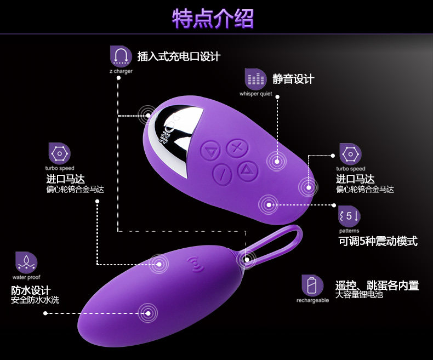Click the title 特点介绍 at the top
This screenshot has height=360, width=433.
pyautogui.click(x=213, y=19)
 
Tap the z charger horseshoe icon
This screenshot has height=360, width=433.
pyautogui.click(x=121, y=56)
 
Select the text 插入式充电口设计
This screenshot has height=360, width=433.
pyautogui.click(x=179, y=56)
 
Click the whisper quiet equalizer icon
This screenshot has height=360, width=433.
pyautogui.click(x=255, y=79)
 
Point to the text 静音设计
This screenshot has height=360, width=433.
pyautogui.click(x=293, y=79)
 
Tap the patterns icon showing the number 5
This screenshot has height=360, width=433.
pyautogui.click(x=350, y=215)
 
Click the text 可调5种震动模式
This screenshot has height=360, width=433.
pyautogui.click(x=378, y=241)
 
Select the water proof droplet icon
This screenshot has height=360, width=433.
pyautogui.click(x=26, y=263)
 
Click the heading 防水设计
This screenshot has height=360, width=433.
pyautogui.click(x=31, y=290)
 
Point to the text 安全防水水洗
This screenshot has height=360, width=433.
pyautogui.click(x=35, y=300)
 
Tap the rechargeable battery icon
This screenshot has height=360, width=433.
pyautogui.click(x=312, y=285)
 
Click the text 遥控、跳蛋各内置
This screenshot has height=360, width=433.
pyautogui.click(x=377, y=285)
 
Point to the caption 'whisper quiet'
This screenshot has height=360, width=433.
pyautogui.click(x=255, y=94)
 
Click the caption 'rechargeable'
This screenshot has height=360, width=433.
pyautogui.click(x=312, y=300)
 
